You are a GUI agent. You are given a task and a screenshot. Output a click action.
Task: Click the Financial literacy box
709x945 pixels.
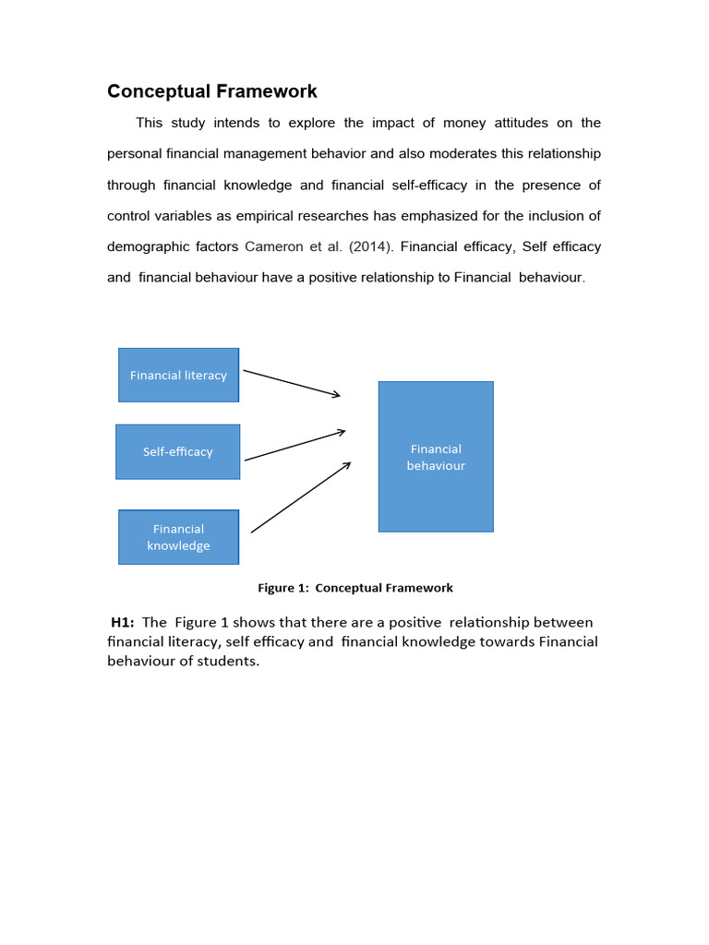tap(178, 375)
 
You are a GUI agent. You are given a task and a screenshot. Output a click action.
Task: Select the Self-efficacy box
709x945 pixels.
tap(177, 451)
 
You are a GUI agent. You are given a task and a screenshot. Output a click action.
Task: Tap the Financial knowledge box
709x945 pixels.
tap(178, 536)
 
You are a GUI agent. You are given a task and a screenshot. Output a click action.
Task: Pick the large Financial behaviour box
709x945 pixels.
tap(436, 457)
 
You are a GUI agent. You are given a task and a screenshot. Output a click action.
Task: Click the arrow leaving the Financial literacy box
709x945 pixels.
tap(291, 384)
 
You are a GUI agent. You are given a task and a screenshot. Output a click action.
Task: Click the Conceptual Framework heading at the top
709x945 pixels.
tap(211, 91)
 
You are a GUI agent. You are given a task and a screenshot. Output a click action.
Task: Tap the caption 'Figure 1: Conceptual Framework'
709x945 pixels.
tap(354, 588)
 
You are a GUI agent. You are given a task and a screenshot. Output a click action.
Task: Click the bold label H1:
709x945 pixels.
tap(123, 622)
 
